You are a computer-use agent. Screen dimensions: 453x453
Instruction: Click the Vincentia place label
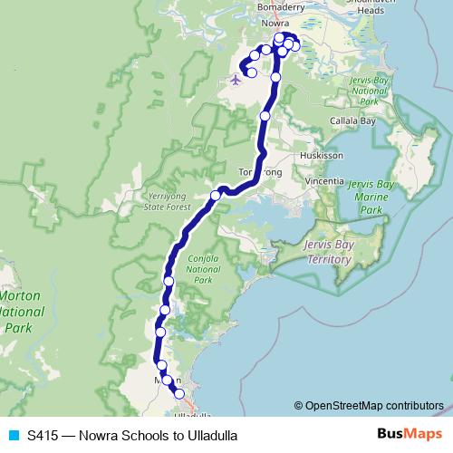coord(325,181)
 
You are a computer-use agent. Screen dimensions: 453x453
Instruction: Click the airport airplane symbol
coord(236,79)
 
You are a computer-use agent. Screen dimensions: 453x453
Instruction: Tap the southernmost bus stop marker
coord(179,393)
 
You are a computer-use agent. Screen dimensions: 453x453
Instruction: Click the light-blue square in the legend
coord(12,436)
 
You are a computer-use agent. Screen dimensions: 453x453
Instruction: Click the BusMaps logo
coord(404,435)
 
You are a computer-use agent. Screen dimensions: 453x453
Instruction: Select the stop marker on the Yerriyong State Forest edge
coord(216,196)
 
